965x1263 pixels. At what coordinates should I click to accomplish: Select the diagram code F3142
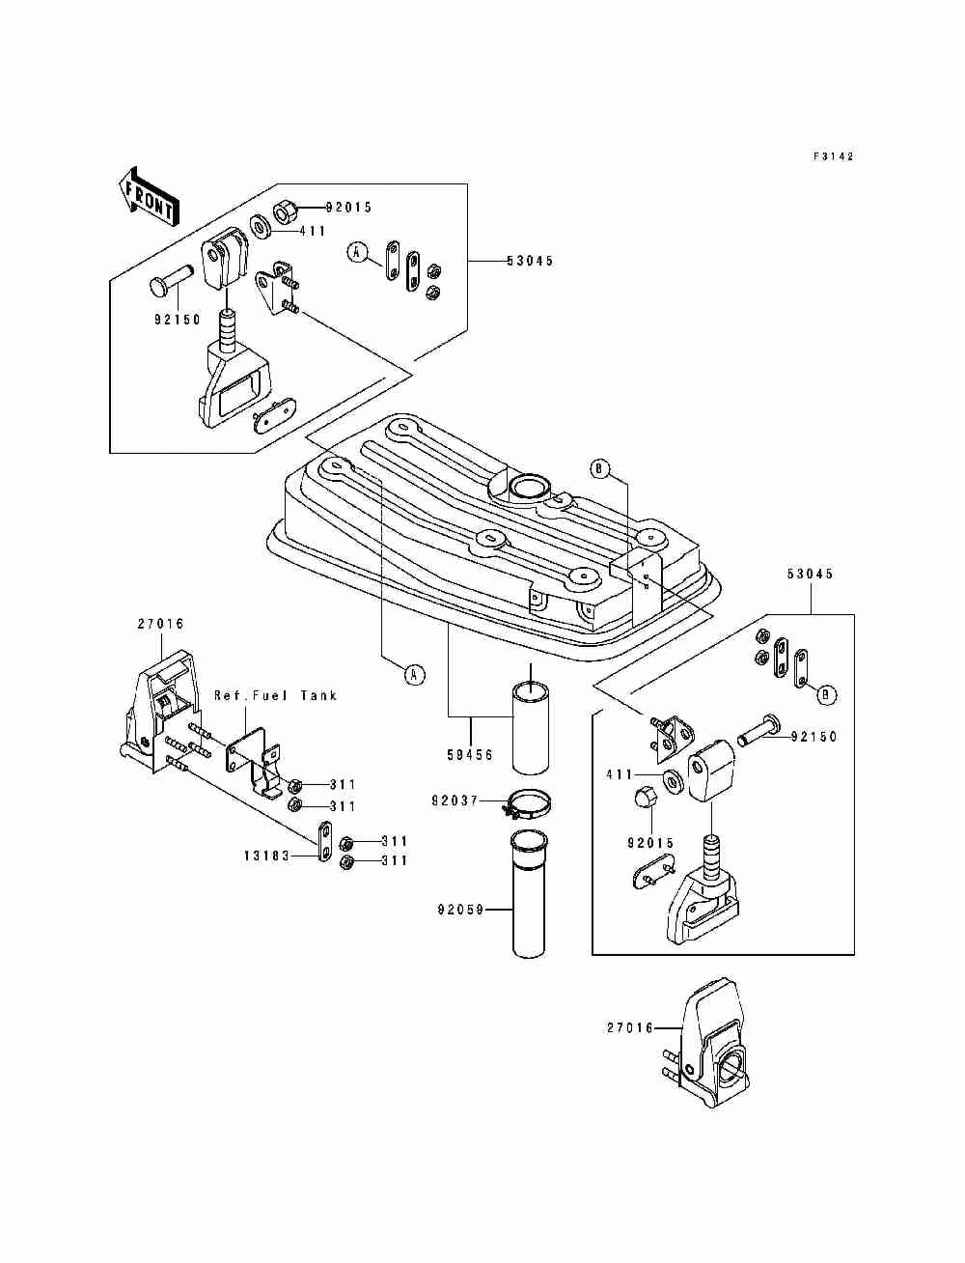pos(834,155)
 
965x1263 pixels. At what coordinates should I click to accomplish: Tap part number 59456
pos(470,754)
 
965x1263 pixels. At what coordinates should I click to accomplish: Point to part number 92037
pos(455,800)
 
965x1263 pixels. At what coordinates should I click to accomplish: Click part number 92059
pos(460,911)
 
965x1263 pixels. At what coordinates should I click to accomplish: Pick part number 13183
pos(267,856)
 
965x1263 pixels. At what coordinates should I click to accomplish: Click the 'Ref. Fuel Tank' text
pos(275,695)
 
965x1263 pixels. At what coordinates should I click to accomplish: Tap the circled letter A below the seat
pos(414,674)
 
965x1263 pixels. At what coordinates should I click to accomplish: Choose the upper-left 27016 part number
pos(160,624)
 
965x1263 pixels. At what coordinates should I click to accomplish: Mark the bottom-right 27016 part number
pos(630,1027)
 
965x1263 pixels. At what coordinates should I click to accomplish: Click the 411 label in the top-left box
pos(313,232)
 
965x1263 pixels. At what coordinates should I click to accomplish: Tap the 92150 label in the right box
pos(813,737)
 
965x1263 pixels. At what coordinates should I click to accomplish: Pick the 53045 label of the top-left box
pos(530,262)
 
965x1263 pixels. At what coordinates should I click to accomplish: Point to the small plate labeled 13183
pos(322,842)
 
